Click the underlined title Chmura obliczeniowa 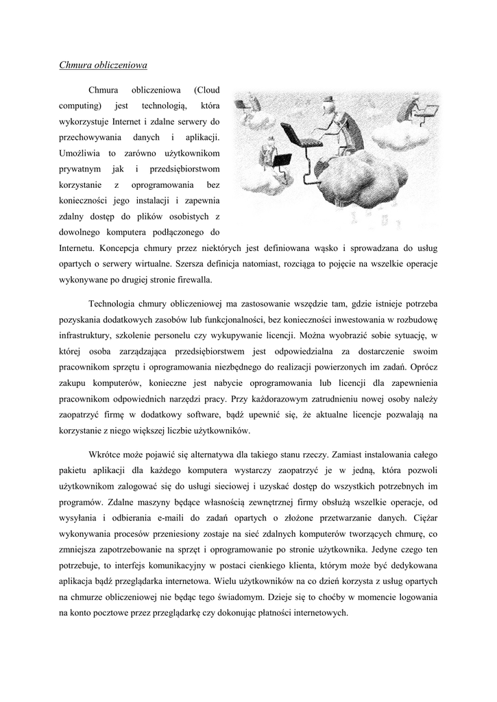[103, 66]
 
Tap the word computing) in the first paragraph [80, 106]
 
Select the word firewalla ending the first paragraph [193, 279]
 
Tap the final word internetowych [315, 613]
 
